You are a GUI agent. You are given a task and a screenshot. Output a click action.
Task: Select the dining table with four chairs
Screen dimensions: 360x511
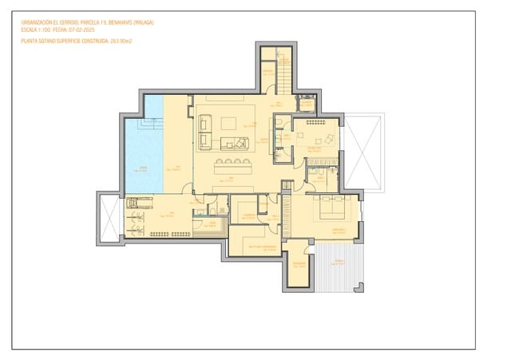click(x=232, y=165)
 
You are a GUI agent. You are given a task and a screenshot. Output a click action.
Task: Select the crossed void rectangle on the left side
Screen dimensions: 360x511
click(x=109, y=218)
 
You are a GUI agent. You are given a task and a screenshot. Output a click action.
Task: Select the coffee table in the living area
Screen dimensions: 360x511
click(x=230, y=123)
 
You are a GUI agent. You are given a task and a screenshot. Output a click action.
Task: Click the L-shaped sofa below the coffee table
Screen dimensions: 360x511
click(x=234, y=143)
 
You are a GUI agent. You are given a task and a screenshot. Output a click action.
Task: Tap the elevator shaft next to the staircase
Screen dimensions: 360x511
click(x=306, y=104)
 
